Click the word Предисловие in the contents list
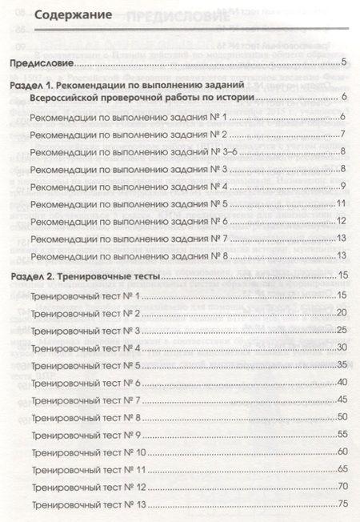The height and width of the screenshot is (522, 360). coord(45,62)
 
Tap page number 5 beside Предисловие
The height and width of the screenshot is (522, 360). coord(342,62)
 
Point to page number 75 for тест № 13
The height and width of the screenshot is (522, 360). coord(341,504)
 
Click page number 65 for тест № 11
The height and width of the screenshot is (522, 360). coord(341,469)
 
